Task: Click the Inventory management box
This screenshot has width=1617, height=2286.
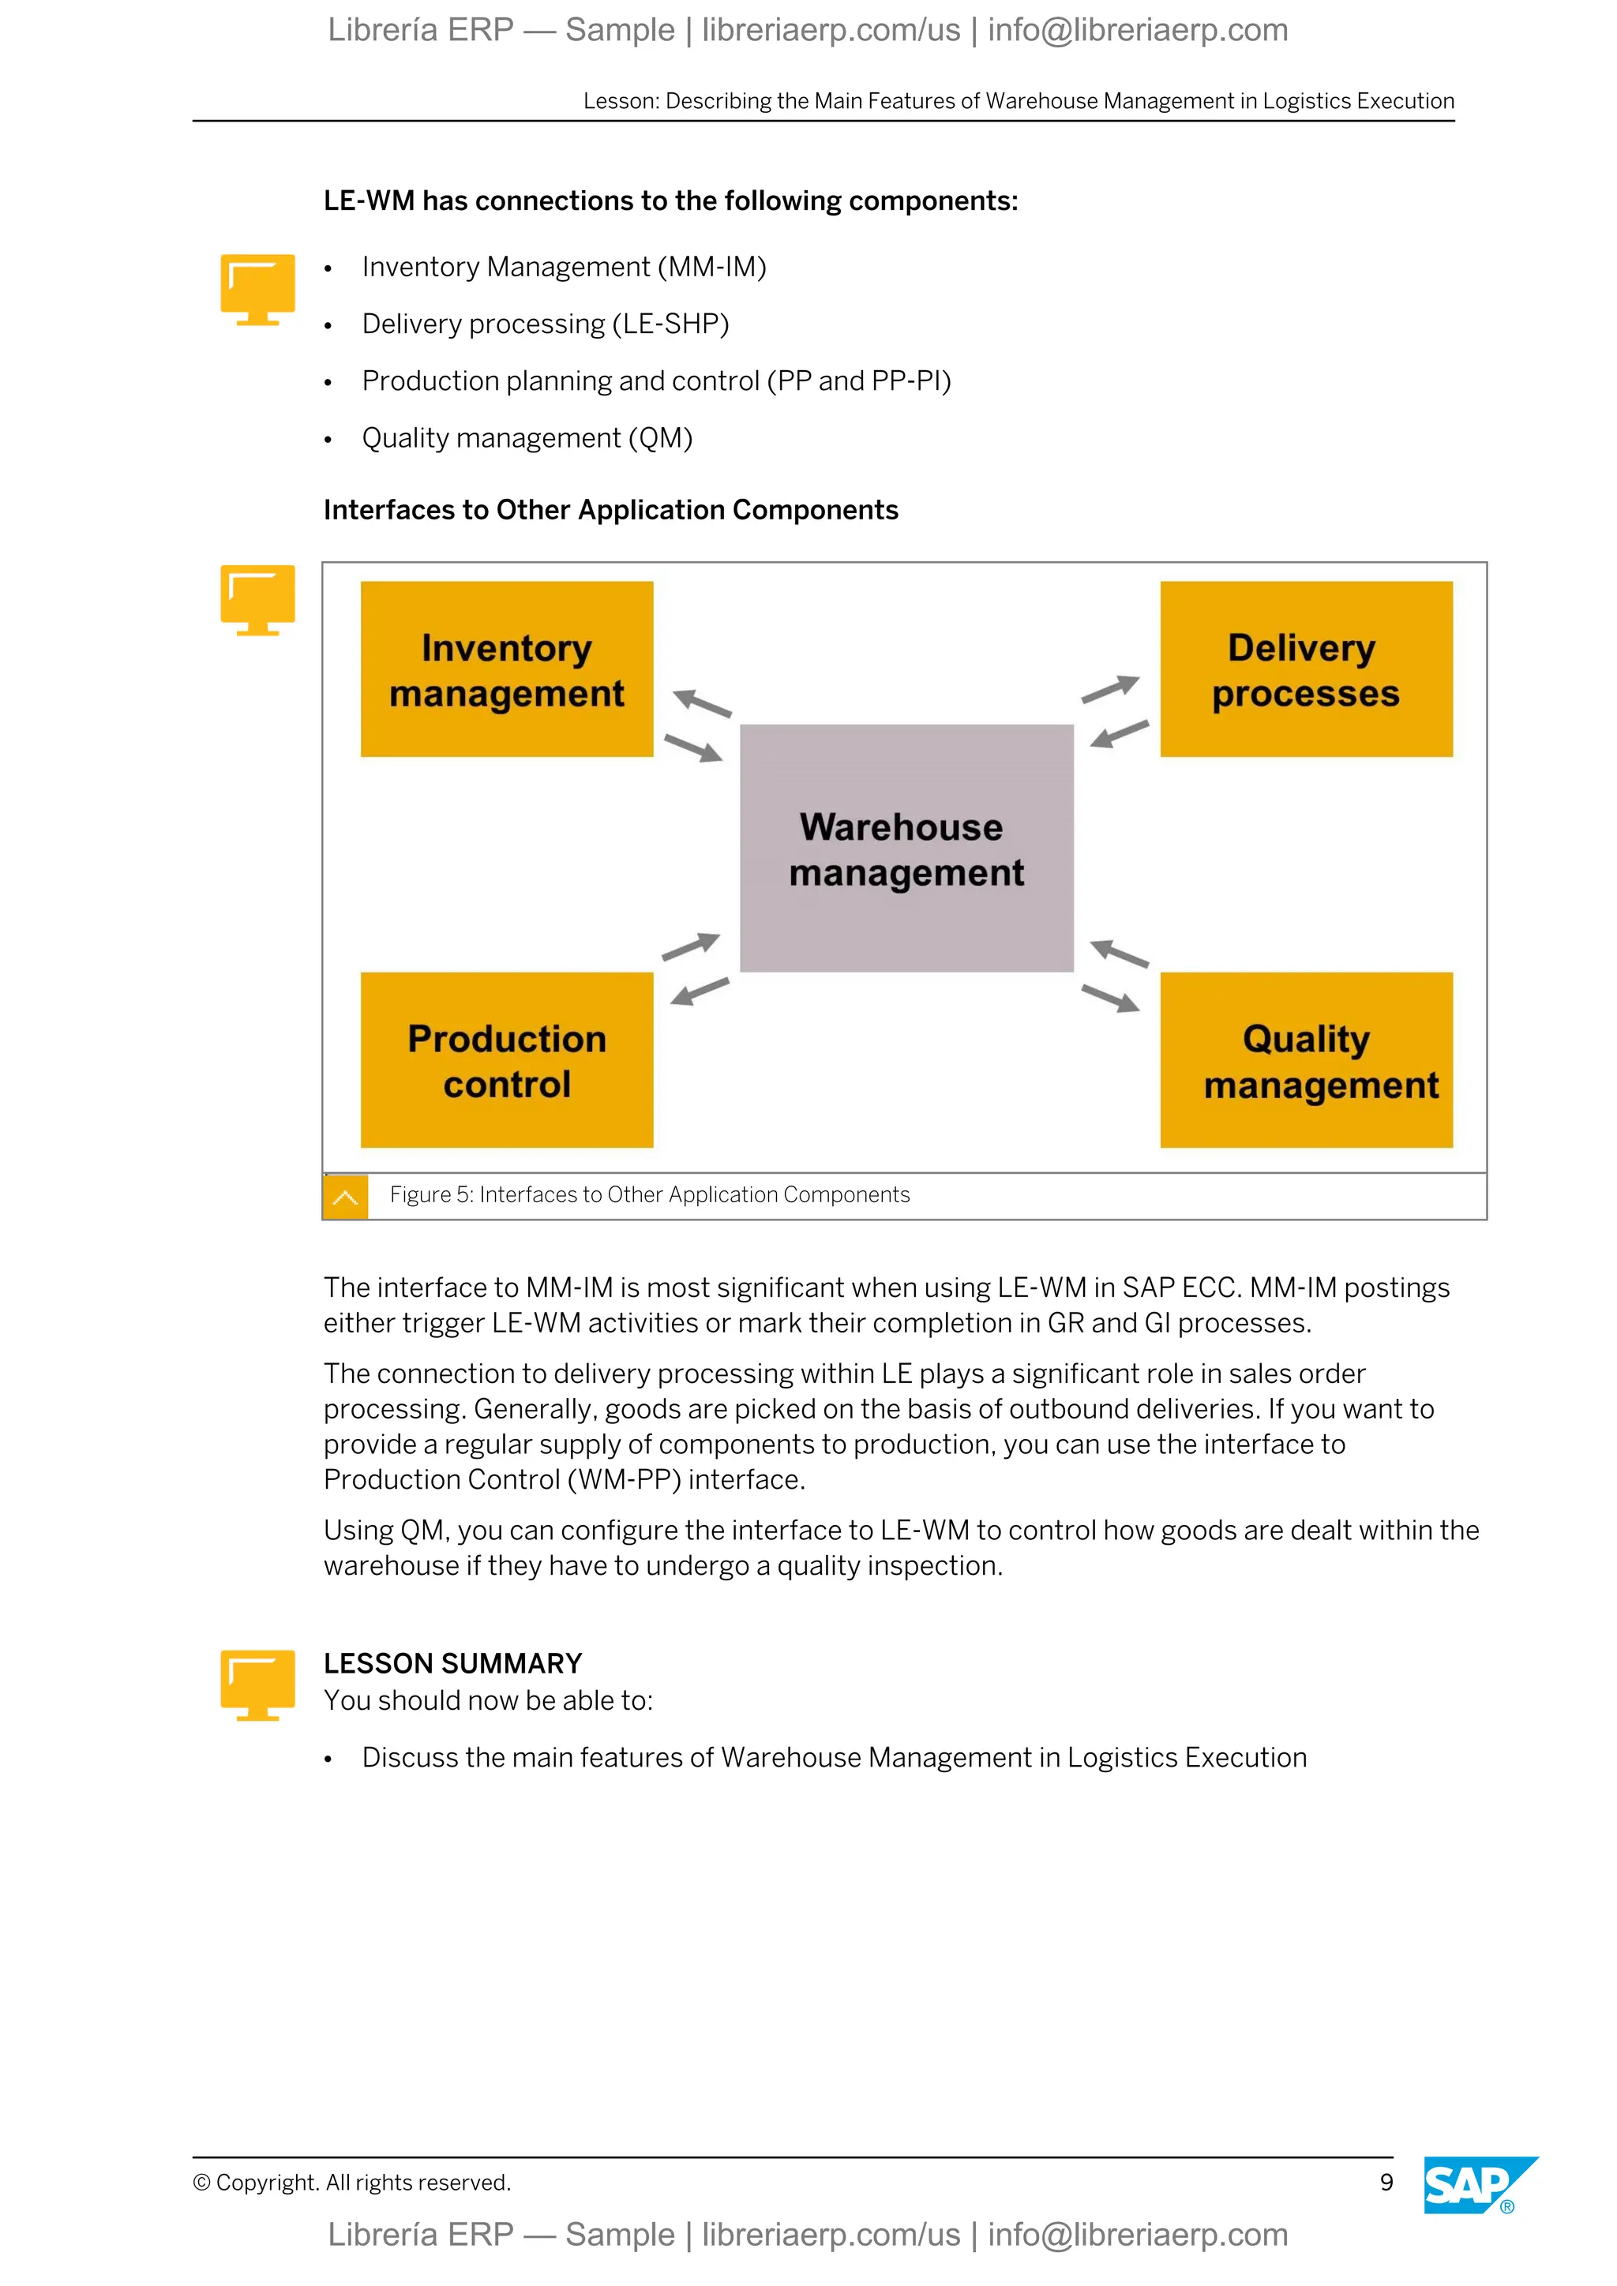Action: pos(506,669)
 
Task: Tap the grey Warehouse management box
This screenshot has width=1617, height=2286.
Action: pos(906,849)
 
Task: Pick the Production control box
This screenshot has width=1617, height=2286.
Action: pos(506,1060)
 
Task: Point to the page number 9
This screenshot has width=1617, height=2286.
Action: pos(1386,2183)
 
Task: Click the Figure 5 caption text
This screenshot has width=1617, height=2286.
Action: pos(649,1195)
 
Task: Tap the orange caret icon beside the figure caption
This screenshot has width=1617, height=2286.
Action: pos(346,1197)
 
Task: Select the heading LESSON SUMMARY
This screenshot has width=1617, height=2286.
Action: pos(452,1664)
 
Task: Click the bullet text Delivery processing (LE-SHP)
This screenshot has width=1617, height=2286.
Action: pos(545,324)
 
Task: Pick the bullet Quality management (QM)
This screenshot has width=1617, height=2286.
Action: pos(527,438)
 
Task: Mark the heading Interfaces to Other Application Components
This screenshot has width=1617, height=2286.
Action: pos(610,510)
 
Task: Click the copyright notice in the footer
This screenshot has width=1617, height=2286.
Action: pos(351,2183)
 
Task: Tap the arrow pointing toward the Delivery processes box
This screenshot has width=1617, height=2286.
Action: pos(1111,688)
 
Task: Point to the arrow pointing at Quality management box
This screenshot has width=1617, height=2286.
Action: pos(1111,998)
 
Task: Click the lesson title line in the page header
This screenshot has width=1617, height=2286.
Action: pos(1018,102)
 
